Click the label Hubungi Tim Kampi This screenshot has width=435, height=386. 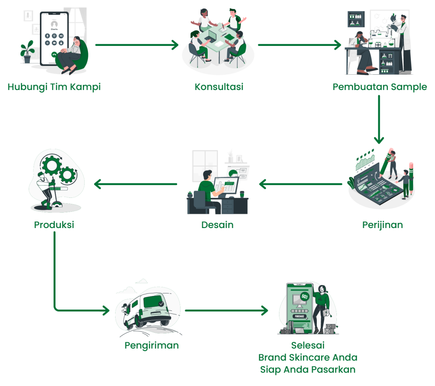54,87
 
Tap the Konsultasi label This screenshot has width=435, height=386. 219,87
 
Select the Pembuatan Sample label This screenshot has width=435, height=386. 380,87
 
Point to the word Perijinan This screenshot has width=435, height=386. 382,225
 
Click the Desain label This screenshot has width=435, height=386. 217,225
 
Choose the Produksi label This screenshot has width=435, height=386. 54,225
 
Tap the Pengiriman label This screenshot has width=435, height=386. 152,345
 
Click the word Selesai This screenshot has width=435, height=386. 308,345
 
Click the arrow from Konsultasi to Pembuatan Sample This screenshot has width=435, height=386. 299,45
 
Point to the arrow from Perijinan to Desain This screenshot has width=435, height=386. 301,184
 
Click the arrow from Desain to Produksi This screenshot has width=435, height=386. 136,184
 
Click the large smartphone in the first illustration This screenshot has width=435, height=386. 54,38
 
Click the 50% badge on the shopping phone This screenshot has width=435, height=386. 305,296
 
